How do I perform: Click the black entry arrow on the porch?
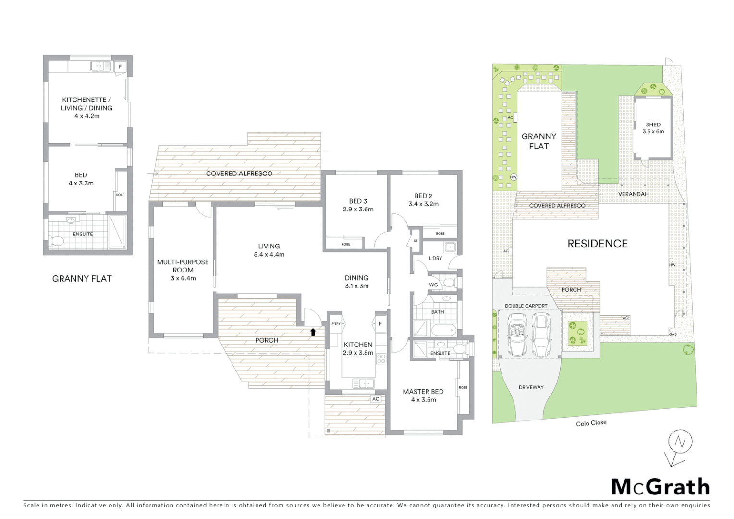313,332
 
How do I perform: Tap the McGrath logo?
660,487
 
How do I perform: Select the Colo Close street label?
591,423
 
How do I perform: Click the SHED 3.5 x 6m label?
653,128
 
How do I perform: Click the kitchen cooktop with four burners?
381,358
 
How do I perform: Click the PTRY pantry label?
336,324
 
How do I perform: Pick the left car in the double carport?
517,335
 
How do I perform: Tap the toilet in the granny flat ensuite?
56,241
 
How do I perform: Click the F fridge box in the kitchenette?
120,67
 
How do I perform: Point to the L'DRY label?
435,258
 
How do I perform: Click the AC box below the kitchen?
376,399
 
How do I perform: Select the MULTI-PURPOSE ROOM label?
183,270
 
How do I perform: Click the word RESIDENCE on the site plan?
597,244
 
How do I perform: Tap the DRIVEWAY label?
531,387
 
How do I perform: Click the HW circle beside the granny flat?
513,177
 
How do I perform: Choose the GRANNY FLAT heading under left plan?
82,278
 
